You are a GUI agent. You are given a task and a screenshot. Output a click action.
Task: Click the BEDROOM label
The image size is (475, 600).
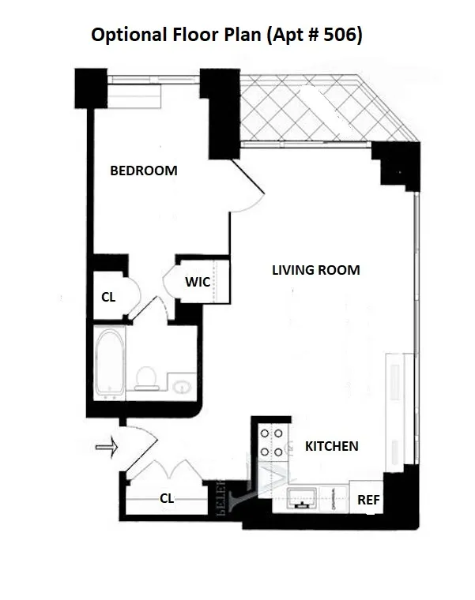pyautogui.click(x=143, y=171)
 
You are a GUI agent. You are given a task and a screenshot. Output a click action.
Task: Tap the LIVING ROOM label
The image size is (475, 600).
pyautogui.click(x=315, y=270)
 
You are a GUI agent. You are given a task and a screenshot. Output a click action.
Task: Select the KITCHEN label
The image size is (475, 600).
pyautogui.click(x=331, y=446)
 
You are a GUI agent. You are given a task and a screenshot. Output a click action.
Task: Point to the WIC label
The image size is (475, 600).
pyautogui.click(x=198, y=282)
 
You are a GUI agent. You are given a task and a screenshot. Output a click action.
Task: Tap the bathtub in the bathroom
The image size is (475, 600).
pyautogui.click(x=109, y=364)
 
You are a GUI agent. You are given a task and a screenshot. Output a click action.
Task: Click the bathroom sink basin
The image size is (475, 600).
pyautogui.click(x=182, y=386)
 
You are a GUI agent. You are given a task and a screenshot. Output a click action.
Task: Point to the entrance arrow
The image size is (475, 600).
pyautogui.click(x=106, y=448)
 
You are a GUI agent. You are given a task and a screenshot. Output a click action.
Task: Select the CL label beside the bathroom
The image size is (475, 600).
pyautogui.click(x=108, y=298)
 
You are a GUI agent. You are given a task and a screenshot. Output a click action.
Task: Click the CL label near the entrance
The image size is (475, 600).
pyautogui.click(x=167, y=498)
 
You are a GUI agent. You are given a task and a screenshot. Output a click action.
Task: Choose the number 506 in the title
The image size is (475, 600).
pyautogui.click(x=342, y=36)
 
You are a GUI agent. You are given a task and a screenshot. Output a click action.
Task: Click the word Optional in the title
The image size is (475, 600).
pyautogui.click(x=126, y=36)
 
